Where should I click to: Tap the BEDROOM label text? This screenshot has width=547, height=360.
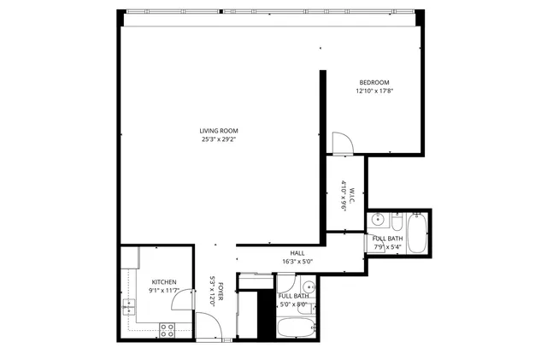point(373,82)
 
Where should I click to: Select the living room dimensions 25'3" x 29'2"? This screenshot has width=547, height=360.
point(218,139)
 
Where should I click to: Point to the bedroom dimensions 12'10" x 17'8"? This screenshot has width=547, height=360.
point(373,91)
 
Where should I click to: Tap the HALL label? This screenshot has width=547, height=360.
point(297,253)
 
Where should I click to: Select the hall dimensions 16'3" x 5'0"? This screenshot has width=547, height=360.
point(297,262)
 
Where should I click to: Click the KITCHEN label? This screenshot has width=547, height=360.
point(164,282)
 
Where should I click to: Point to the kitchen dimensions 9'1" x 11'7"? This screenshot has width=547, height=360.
point(164,291)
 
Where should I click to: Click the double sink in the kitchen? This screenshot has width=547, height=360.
point(130,305)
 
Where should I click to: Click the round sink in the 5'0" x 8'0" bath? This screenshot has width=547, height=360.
point(309,286)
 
